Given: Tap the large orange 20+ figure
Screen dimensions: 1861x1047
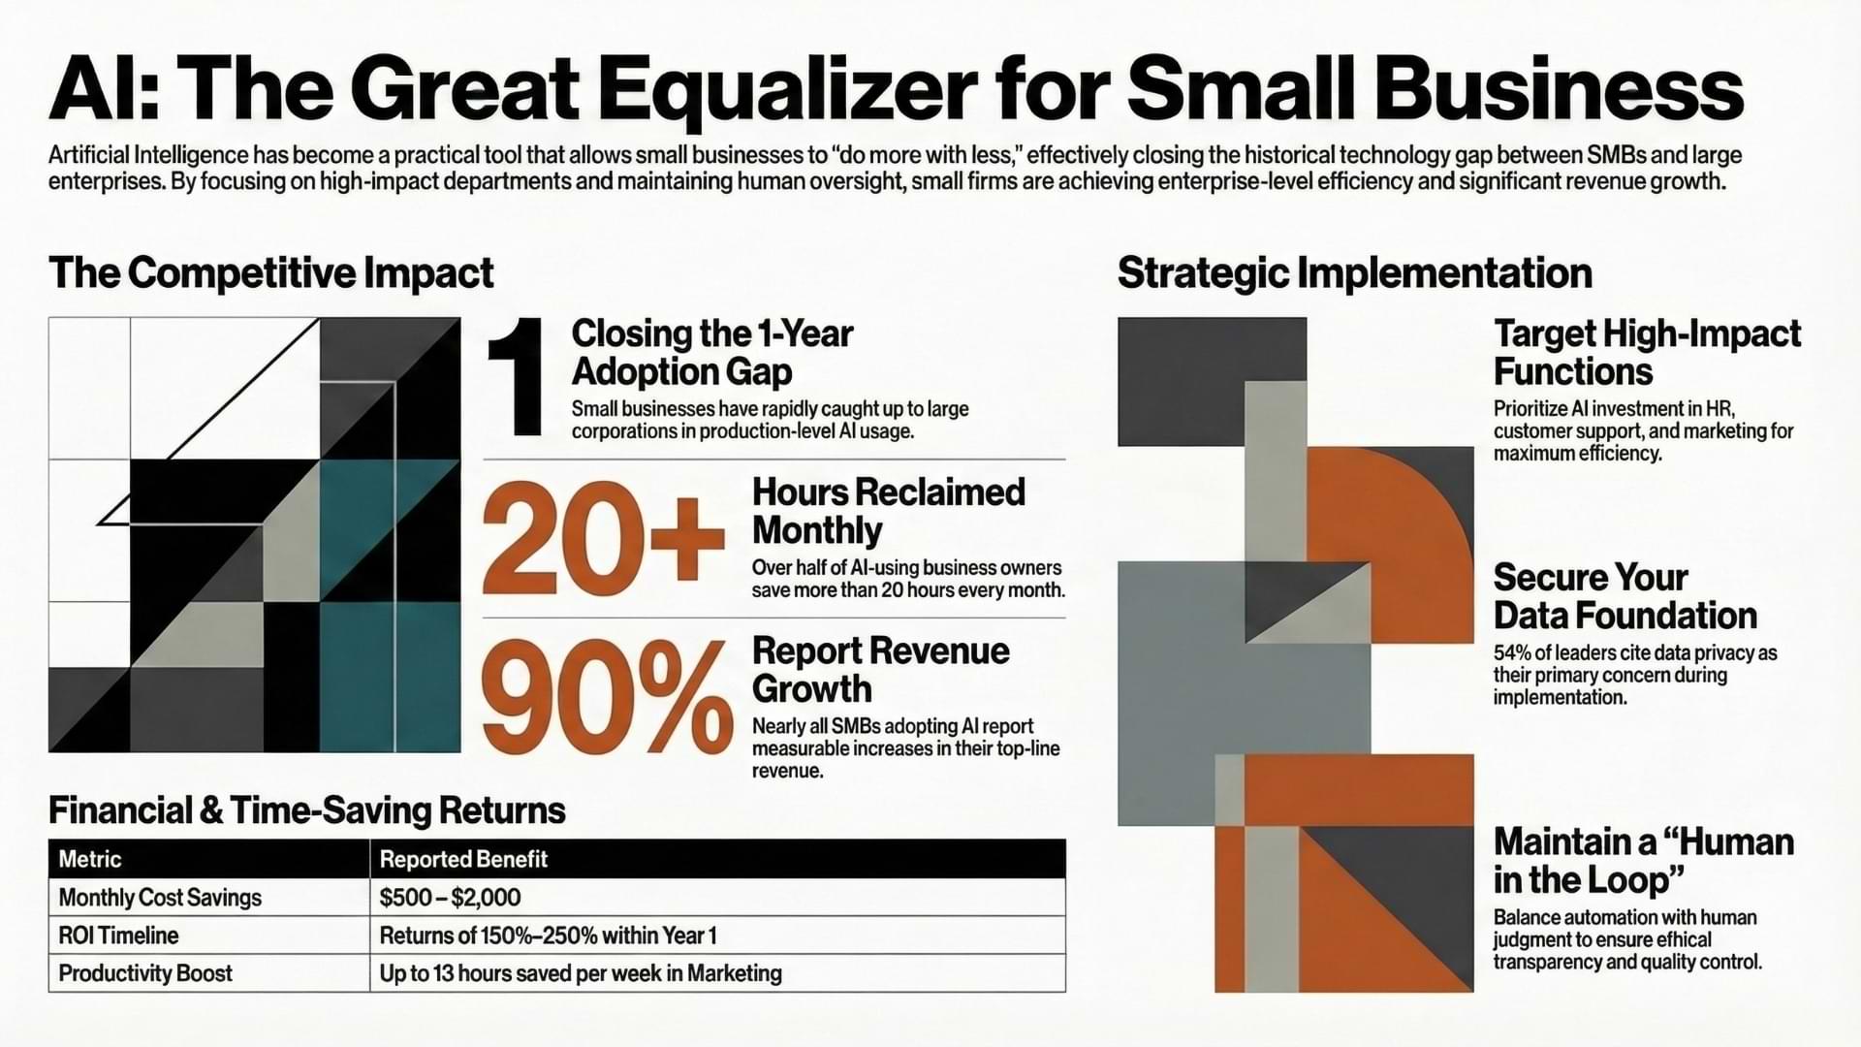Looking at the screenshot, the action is click(x=604, y=540).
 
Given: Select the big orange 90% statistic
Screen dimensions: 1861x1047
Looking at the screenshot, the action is click(x=608, y=698).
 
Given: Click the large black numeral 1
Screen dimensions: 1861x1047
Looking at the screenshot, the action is click(x=515, y=377).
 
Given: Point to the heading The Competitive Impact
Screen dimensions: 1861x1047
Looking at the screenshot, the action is click(x=271, y=272).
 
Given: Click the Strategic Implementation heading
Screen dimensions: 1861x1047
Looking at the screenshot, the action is click(x=1355, y=272).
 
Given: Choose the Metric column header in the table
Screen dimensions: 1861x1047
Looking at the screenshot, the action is click(x=90, y=859).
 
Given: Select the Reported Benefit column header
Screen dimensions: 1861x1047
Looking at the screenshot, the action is click(x=463, y=859).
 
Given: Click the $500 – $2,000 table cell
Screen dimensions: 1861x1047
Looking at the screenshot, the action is click(x=450, y=898).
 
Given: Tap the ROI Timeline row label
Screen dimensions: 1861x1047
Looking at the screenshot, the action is click(x=118, y=936).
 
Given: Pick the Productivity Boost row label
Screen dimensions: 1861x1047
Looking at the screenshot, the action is click(x=145, y=973).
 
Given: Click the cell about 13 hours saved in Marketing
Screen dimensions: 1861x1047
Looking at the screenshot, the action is click(x=581, y=973).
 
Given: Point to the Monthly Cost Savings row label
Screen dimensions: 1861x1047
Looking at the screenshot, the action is click(x=160, y=898).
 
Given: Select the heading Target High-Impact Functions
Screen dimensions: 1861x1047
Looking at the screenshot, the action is click(x=1647, y=352).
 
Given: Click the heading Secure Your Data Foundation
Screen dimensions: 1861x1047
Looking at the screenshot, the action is click(x=1625, y=596).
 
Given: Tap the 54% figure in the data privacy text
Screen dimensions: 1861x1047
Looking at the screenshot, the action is click(x=1511, y=652).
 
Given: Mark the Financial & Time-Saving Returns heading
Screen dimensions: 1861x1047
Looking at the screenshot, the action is click(x=307, y=810).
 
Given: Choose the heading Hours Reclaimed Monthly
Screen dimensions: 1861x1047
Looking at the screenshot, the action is click(x=889, y=511).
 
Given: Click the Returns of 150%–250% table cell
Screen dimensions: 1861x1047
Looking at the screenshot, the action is click(x=548, y=936).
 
